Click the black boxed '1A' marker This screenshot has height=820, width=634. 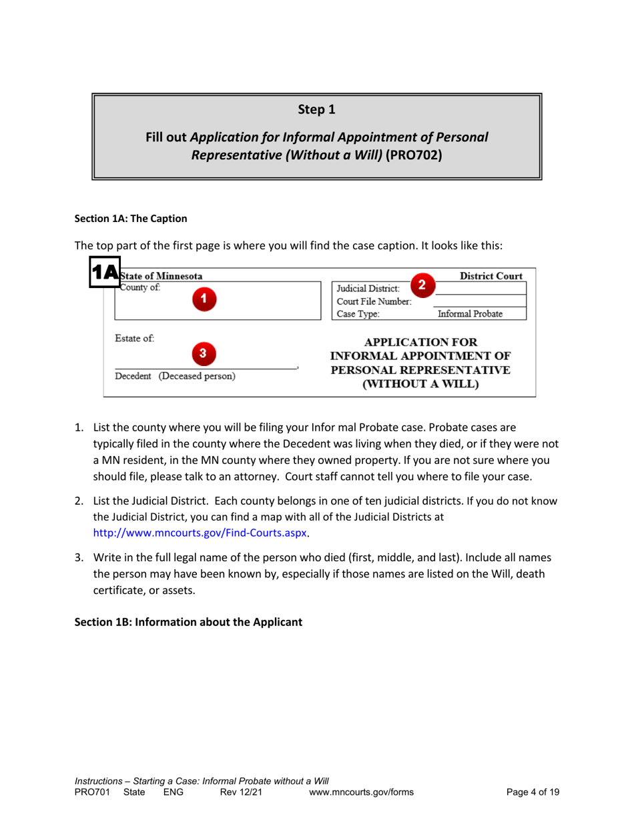pos(105,272)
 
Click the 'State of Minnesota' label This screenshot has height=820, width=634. pos(161,276)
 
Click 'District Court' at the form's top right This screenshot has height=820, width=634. pos(492,276)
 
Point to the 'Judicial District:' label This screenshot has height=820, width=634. pos(368,289)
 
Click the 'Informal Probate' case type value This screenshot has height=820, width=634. pos(470,314)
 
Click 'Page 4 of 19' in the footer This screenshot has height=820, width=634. pos(533,792)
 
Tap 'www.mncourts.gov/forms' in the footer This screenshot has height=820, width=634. pos(362,792)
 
